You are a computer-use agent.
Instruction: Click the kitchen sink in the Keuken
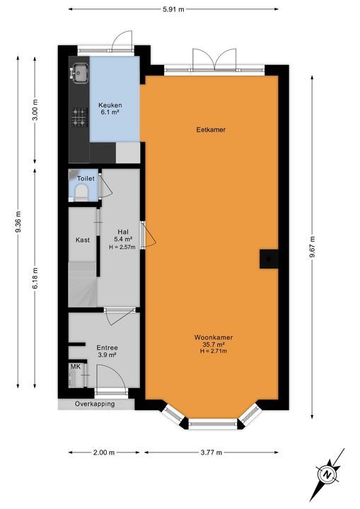(79, 71)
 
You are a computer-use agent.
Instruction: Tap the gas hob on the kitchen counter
(79, 117)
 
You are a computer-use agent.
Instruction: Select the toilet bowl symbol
(81, 192)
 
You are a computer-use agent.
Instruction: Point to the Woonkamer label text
(213, 339)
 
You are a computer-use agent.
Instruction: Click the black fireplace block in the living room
(269, 259)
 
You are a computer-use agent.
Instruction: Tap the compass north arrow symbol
(327, 474)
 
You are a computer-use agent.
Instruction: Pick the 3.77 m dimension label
(215, 452)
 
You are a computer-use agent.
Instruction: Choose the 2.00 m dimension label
(103, 452)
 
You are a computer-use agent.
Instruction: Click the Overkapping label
(96, 404)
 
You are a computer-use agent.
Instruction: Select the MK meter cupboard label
(75, 367)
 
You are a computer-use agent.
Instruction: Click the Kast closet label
(83, 240)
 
